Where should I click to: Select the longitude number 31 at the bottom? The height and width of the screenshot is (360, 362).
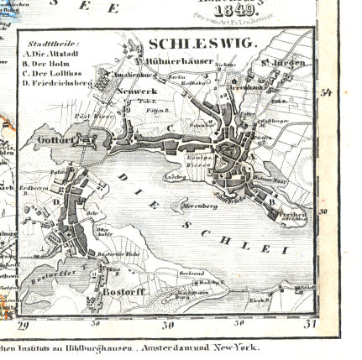[308, 324]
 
